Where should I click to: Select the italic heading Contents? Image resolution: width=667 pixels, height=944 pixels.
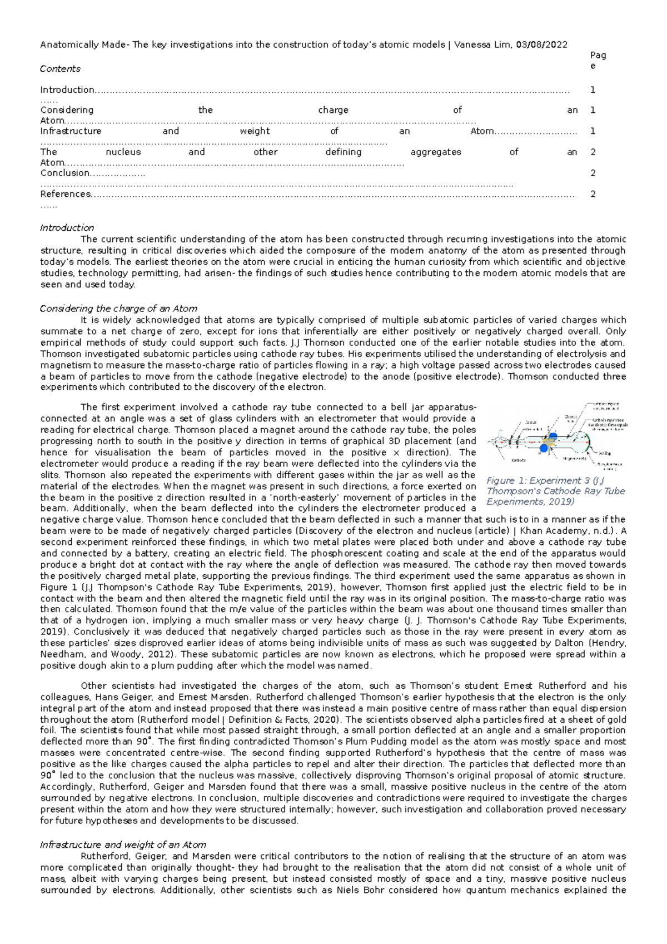point(60,69)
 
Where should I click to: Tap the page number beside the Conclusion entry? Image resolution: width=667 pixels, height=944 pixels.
point(593,173)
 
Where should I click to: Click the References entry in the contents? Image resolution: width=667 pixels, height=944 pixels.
point(65,194)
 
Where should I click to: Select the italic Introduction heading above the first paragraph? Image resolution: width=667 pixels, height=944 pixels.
point(67,227)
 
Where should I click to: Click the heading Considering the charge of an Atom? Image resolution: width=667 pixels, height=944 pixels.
point(118,309)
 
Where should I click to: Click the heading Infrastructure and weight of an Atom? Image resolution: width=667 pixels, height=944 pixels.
point(123,844)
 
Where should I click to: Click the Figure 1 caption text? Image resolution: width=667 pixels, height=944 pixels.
point(555,491)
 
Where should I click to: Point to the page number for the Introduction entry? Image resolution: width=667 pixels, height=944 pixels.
point(593,90)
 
